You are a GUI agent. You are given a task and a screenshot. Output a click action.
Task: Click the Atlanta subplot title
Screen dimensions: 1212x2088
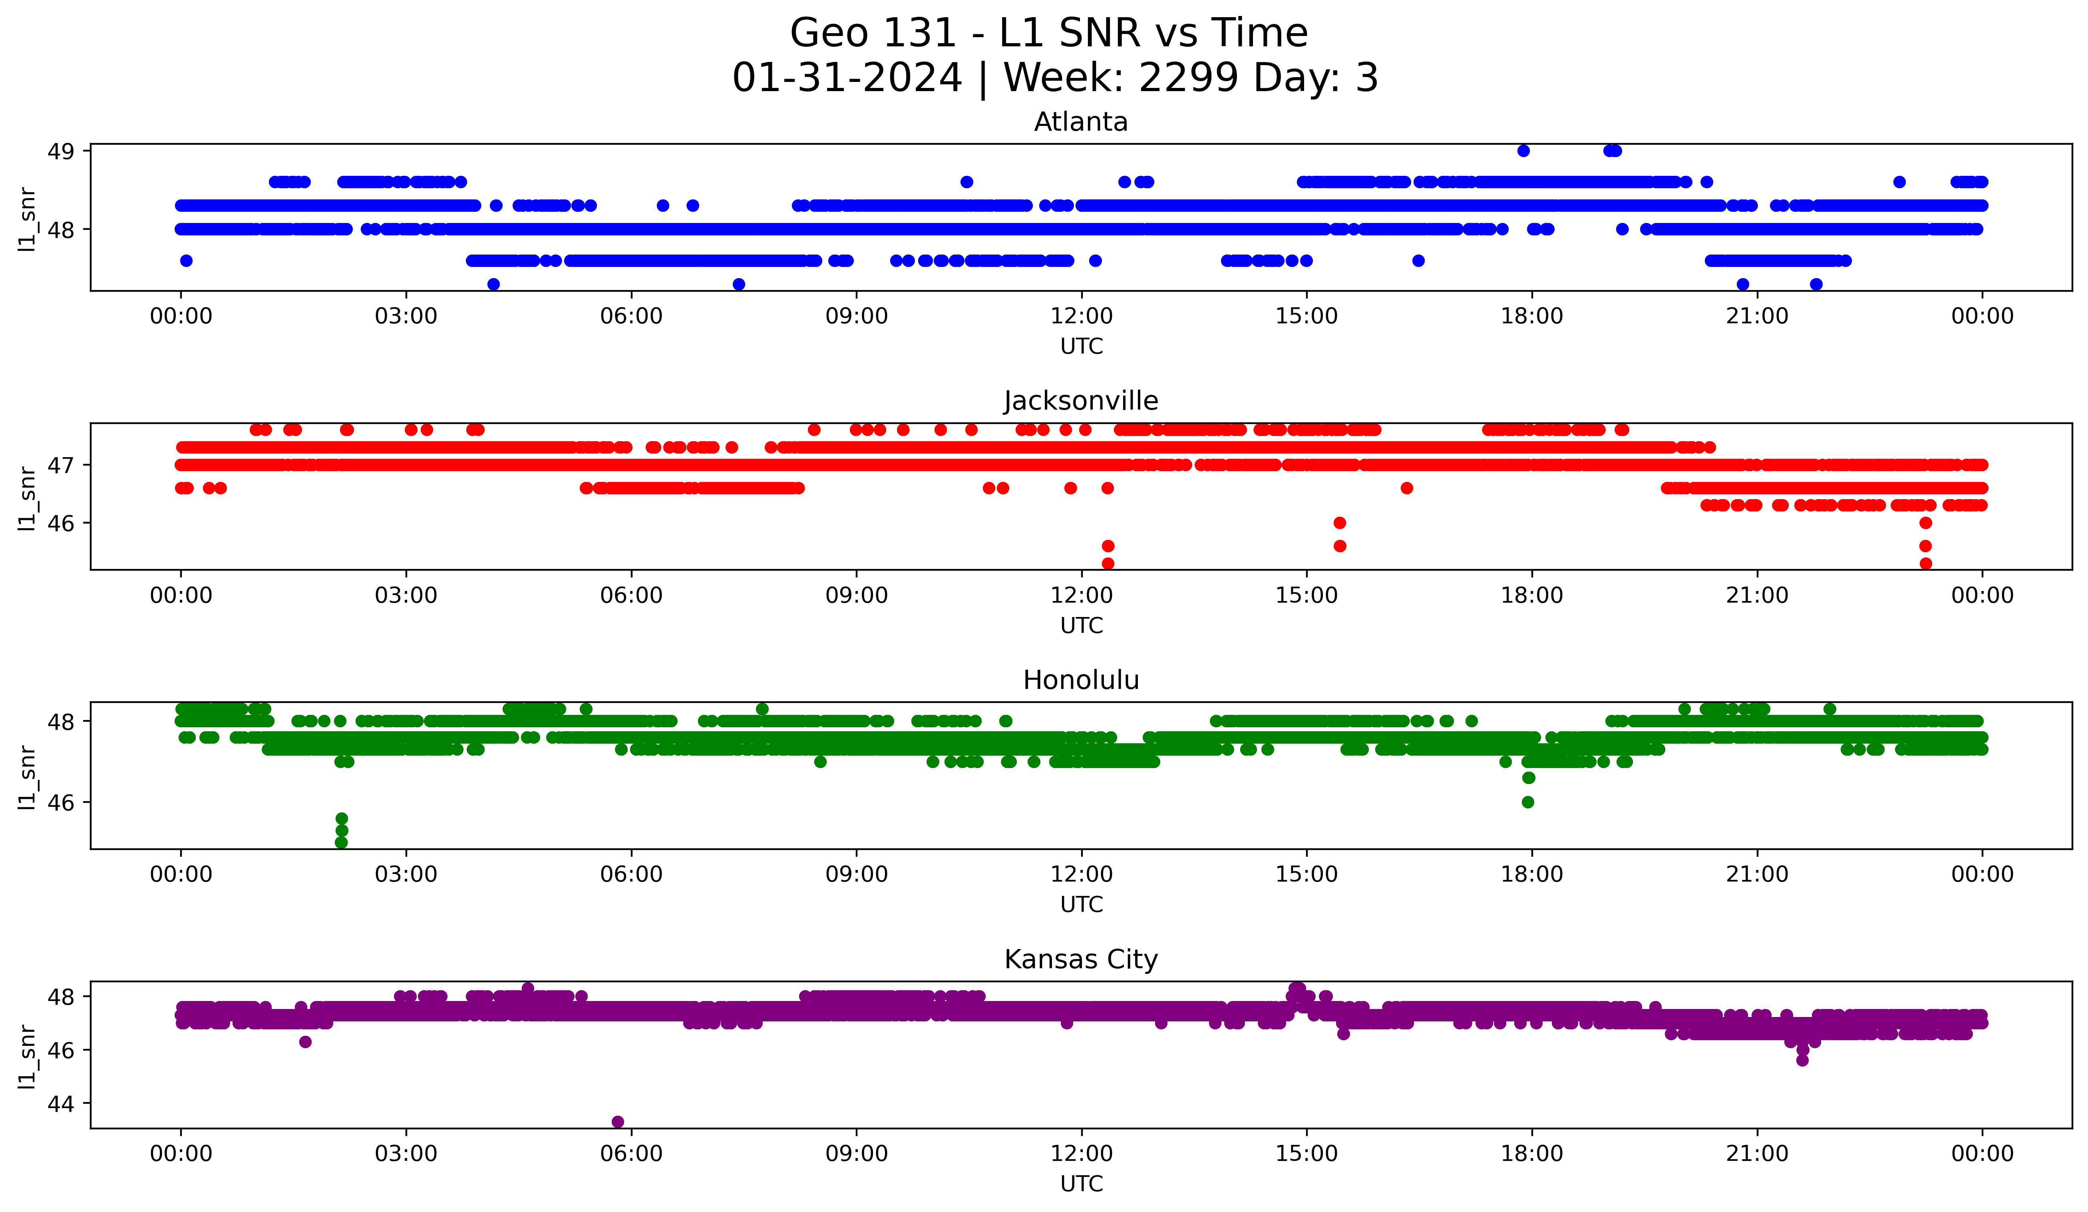pos(1080,123)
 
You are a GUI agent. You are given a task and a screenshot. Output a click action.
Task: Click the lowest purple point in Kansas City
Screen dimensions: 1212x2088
pos(617,1122)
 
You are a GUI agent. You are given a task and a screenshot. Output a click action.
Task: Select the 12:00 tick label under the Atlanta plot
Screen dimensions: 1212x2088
pos(1081,316)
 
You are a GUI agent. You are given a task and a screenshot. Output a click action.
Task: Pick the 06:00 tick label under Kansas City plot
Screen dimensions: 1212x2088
pos(631,1154)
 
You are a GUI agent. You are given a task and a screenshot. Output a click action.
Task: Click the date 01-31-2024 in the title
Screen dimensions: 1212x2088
pos(847,79)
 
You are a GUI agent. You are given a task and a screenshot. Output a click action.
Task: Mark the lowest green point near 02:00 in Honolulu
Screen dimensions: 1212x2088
pos(341,842)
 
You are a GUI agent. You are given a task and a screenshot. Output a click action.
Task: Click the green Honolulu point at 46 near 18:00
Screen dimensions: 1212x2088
pos(1528,802)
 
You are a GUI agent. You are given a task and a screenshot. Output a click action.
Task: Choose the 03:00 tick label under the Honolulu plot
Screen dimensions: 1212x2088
pos(406,875)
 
